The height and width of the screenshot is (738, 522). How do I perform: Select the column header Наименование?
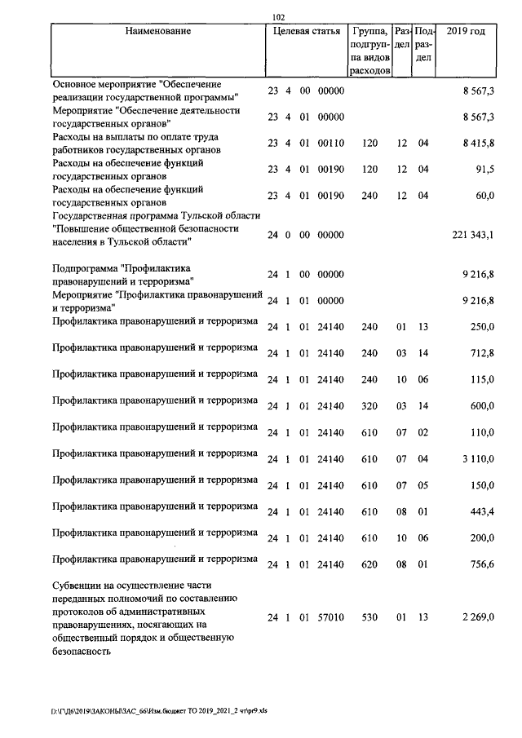[x=158, y=32]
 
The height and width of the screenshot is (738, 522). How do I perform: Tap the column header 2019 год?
[x=467, y=32]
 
